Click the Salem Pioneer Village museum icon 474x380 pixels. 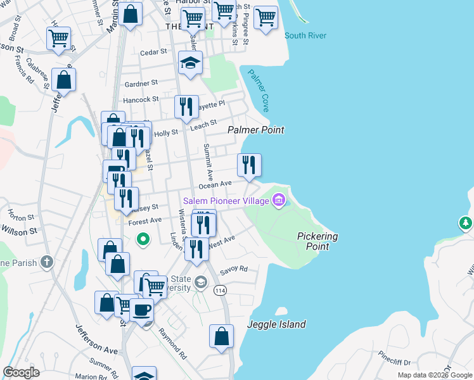click(278, 201)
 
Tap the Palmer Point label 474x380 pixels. click(256, 130)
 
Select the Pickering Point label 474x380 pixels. click(317, 241)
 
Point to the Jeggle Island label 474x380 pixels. click(276, 324)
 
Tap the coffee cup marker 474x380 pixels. click(141, 310)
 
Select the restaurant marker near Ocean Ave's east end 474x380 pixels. click(249, 165)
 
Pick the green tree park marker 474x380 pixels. click(466, 223)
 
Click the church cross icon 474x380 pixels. click(46, 261)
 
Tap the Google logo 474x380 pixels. click(22, 372)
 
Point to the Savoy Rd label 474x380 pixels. click(234, 269)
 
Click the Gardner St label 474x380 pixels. click(141, 84)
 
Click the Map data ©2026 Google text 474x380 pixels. click(435, 375)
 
